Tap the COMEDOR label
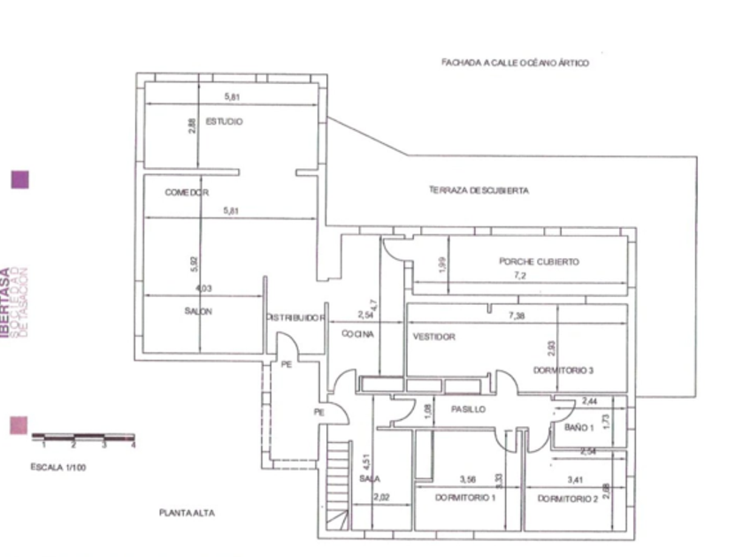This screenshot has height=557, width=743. (187, 192)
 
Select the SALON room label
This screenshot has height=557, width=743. (199, 310)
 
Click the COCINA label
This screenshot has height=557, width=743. (358, 334)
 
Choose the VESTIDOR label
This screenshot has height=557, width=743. (433, 337)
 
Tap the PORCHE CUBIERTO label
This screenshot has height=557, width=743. (539, 262)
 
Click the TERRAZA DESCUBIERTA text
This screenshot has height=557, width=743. (479, 190)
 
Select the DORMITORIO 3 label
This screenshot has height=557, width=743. (563, 370)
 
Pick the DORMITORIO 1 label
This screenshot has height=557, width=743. (465, 498)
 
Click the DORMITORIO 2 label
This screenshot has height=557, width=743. (568, 499)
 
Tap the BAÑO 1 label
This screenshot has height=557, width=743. (578, 428)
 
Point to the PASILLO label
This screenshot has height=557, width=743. (468, 410)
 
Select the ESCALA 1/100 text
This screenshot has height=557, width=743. (58, 467)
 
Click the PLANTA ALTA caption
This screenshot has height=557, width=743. (188, 513)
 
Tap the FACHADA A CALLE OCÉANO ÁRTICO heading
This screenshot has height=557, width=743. (515, 63)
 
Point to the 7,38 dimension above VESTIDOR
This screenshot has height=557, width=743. (517, 316)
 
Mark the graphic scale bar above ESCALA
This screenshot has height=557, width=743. (83, 437)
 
